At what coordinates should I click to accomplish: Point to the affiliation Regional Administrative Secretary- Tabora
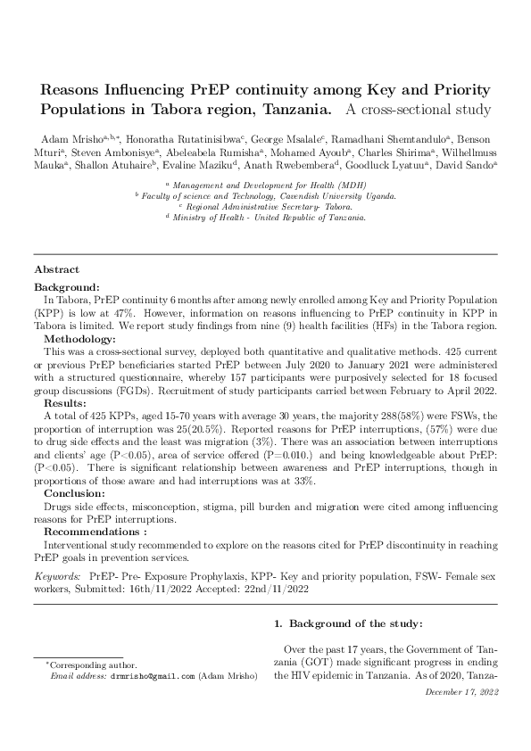point(265,206)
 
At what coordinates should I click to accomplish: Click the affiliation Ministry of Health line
point(265,217)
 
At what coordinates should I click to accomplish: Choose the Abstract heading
point(56,269)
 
